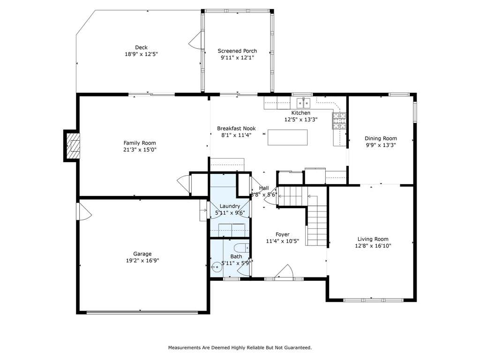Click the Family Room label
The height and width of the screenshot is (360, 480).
point(140,143)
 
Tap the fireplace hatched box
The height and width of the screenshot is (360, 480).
point(74,146)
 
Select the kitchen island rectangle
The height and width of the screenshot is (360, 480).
point(288,137)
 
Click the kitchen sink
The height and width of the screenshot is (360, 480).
point(303,103)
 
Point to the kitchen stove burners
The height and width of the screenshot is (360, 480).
point(339,120)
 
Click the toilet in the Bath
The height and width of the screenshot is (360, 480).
point(242,247)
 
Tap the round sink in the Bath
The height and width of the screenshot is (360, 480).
point(216,267)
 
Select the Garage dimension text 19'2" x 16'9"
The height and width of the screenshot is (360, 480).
point(142,261)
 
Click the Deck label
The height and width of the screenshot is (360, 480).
point(142,47)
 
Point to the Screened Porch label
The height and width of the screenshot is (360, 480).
point(237,51)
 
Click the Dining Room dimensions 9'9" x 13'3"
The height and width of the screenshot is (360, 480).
point(381,145)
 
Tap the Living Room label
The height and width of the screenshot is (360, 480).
point(373,239)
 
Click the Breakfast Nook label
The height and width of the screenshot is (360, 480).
point(236,128)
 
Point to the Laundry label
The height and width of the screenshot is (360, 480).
point(230,206)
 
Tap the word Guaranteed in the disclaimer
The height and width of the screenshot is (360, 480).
point(298,347)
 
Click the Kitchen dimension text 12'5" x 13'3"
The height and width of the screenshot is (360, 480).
point(301,120)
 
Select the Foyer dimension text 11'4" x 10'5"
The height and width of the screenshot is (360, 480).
point(283,241)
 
